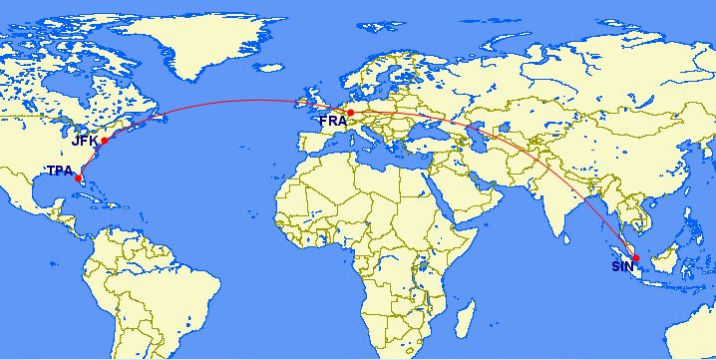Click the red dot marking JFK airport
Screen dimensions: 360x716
(x=104, y=141)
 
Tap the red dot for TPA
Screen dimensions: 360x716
(x=79, y=180)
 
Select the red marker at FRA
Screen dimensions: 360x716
(x=350, y=112)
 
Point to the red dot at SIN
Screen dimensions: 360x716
(x=636, y=258)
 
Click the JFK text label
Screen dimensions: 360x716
(x=84, y=142)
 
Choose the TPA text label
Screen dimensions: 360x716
(x=60, y=171)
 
